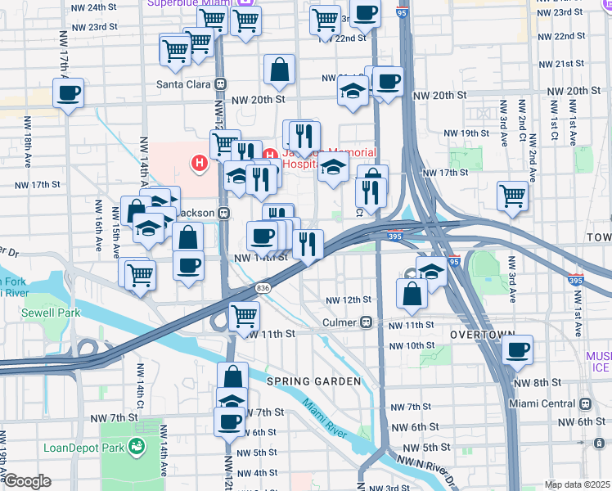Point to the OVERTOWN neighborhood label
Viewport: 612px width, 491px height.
tap(481, 336)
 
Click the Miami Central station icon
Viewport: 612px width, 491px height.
tap(585, 403)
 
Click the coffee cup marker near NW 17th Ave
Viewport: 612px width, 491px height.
tap(70, 92)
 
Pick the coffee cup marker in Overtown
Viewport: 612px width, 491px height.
tap(517, 350)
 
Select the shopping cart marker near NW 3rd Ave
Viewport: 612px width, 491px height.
tap(512, 196)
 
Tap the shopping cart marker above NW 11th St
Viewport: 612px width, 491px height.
tap(244, 316)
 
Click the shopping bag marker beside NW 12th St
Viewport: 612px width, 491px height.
tap(412, 293)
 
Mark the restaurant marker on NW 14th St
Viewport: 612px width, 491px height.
tap(308, 243)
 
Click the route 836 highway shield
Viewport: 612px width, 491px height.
tap(263, 287)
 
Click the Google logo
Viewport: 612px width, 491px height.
tap(27, 481)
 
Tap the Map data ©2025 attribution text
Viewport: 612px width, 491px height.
tap(577, 484)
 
